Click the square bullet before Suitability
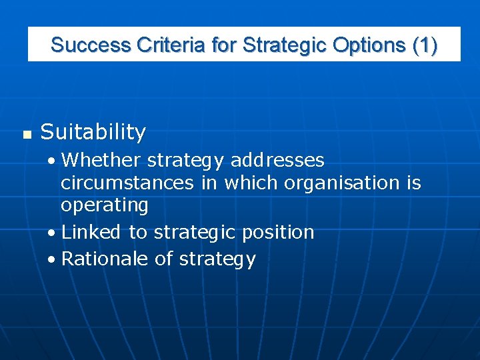pos(27,135)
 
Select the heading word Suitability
pos(93,133)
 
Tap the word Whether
pos(101,161)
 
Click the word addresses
pos(277,161)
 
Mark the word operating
pos(105,205)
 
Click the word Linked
pos(91,232)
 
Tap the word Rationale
pos(105,259)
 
